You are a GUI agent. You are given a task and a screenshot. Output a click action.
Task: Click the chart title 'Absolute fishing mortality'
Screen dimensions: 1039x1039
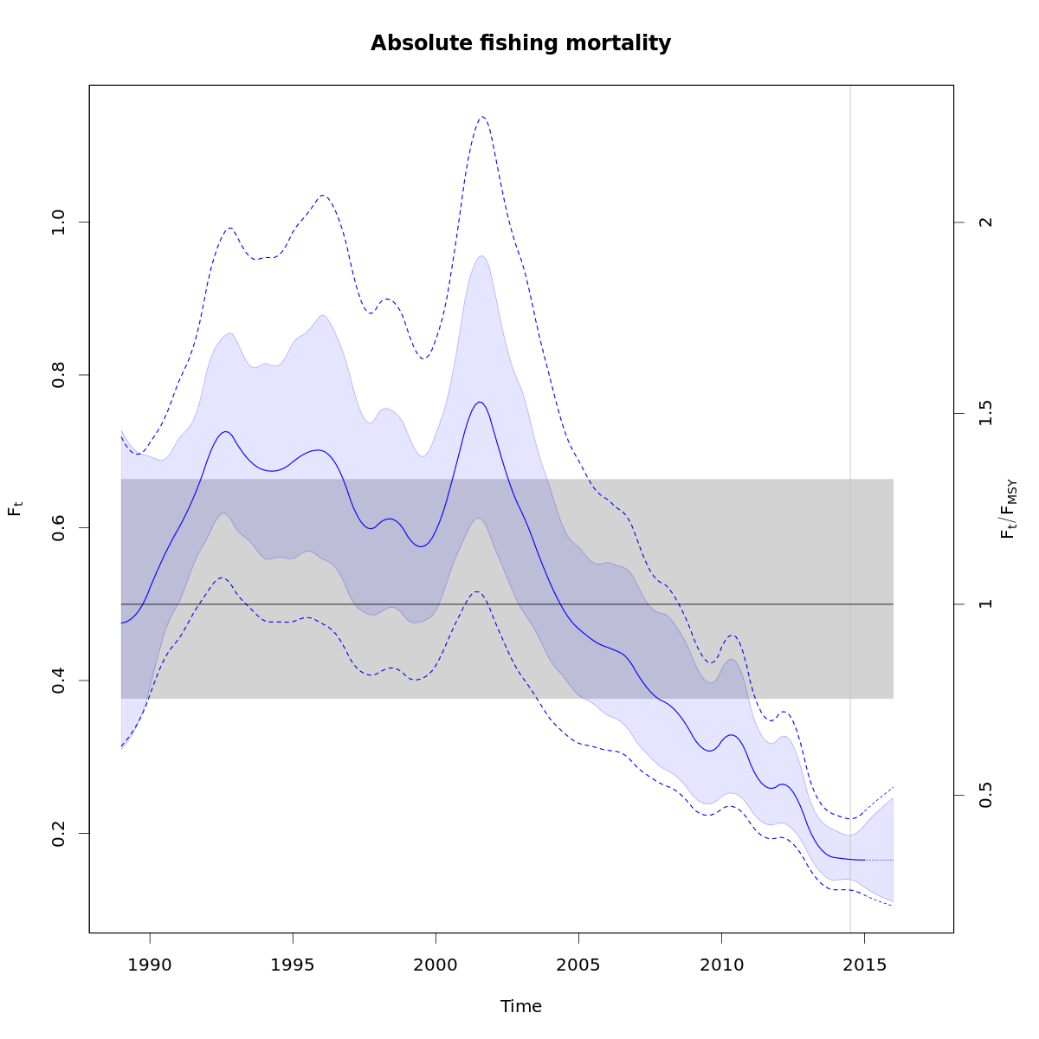(x=520, y=43)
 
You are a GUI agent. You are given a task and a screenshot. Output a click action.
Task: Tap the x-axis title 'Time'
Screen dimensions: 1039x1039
(x=520, y=1006)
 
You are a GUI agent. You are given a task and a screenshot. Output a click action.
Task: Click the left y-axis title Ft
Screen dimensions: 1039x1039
(x=15, y=508)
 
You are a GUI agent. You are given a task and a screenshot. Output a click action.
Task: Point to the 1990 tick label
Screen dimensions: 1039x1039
(x=150, y=964)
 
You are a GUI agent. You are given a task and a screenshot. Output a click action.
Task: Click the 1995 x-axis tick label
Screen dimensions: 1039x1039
(x=293, y=964)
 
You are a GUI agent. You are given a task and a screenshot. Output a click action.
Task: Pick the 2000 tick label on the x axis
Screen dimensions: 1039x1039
(x=436, y=964)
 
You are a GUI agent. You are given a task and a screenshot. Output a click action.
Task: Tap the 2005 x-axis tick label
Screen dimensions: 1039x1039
(x=578, y=964)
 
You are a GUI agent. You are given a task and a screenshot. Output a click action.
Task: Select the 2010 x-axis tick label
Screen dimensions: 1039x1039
(x=721, y=964)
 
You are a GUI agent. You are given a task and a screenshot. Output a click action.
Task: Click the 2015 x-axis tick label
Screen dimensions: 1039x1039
(x=864, y=964)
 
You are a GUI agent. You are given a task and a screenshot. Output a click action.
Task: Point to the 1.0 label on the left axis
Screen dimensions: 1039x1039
(x=59, y=223)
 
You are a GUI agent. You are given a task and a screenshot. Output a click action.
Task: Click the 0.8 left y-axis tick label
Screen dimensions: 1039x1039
(x=59, y=375)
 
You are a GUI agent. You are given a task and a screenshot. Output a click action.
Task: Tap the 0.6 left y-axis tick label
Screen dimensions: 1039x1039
(x=59, y=527)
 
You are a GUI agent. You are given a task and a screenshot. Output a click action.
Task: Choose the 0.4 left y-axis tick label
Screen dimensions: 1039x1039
(x=59, y=681)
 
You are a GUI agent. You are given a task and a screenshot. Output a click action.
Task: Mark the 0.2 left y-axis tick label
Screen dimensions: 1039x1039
(x=59, y=833)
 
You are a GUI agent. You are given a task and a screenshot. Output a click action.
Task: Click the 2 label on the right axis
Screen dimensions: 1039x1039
(x=984, y=223)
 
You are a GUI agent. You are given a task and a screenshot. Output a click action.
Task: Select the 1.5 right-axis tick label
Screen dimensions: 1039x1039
(x=984, y=413)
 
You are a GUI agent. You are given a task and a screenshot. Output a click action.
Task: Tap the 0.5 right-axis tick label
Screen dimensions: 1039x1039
(x=984, y=796)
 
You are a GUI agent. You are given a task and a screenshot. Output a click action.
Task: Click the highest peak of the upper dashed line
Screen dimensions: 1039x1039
(x=482, y=116)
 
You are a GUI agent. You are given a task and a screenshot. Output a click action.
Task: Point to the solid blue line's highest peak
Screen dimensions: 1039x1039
(x=480, y=402)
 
